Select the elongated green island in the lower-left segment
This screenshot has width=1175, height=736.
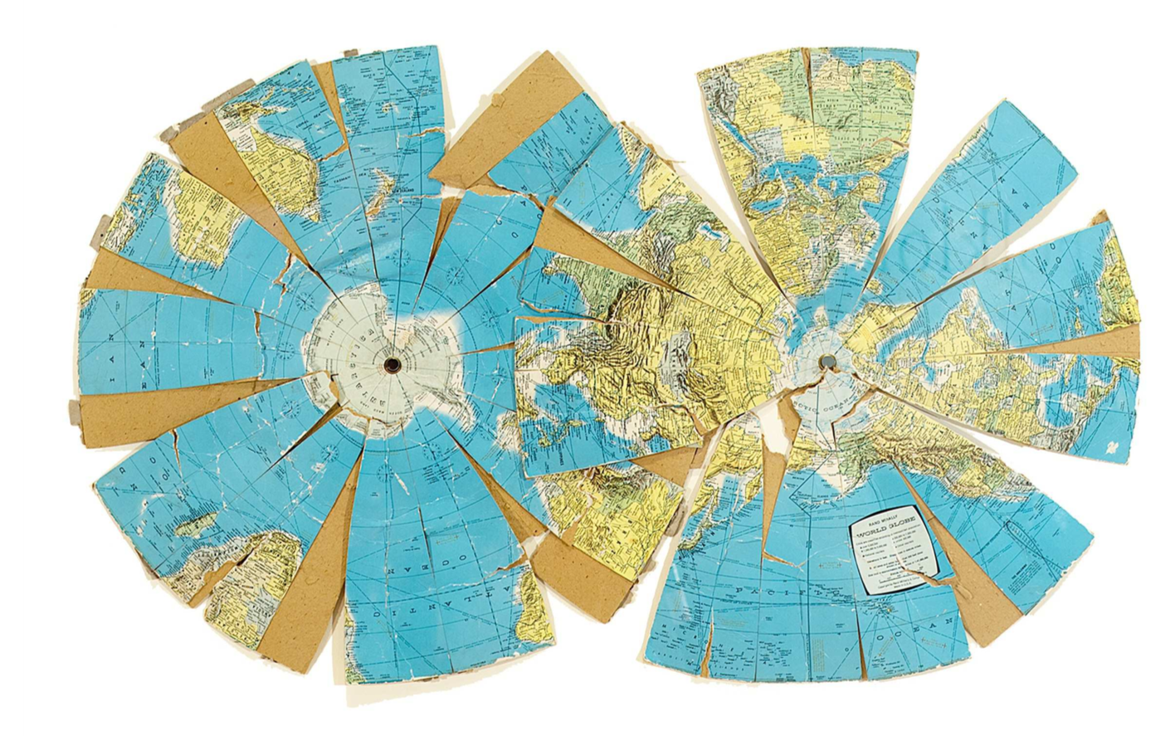coord(197,525)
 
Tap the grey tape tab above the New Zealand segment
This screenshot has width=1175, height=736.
coord(349,54)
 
